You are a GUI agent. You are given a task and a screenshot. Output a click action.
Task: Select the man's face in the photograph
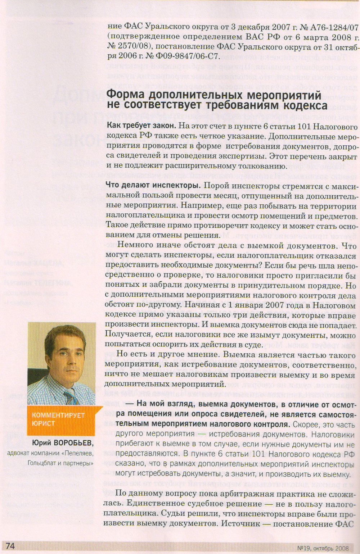click(x=62, y=356)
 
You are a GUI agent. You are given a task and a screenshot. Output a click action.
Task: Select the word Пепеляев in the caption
click(x=77, y=453)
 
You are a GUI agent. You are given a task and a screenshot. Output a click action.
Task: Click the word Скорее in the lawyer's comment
click(x=304, y=424)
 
